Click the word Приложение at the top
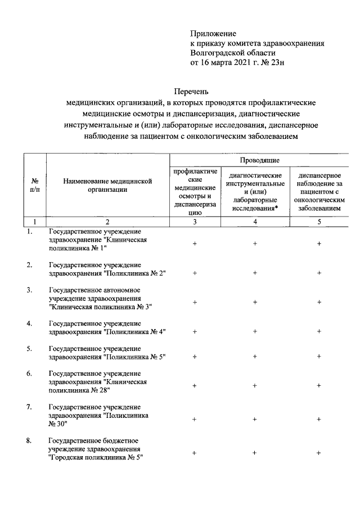[213, 33]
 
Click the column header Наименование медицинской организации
[108, 186]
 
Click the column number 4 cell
[255, 222]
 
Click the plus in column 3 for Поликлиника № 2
[195, 273]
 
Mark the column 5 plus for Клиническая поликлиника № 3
[319, 302]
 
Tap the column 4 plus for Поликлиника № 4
[255, 332]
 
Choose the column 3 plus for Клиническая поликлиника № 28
[195, 386]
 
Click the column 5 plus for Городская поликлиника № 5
[319, 453]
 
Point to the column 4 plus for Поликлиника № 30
[255, 419]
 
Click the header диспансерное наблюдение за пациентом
[319, 192]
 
